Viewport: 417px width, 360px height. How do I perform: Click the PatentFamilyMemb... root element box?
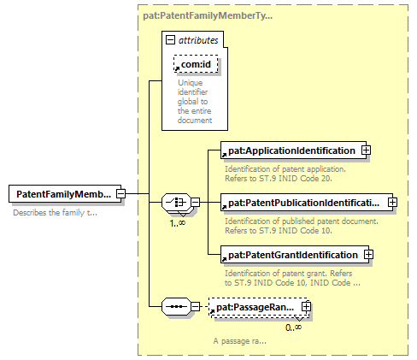[x=65, y=194]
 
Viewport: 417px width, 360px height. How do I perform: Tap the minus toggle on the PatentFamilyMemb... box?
[x=120, y=194]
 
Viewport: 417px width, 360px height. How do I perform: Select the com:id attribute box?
[x=196, y=64]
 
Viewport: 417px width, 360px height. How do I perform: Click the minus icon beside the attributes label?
[x=170, y=40]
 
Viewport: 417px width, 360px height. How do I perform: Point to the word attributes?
[x=198, y=40]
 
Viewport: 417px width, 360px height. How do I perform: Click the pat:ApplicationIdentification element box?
[x=294, y=150]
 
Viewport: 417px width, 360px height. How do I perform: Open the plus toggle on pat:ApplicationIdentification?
[x=366, y=150]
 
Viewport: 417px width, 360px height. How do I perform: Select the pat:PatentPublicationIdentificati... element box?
[x=307, y=203]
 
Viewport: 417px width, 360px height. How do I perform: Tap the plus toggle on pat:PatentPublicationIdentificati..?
[x=392, y=203]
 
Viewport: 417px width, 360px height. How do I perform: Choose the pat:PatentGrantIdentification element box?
[x=295, y=255]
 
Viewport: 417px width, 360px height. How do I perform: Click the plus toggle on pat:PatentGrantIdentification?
[x=368, y=255]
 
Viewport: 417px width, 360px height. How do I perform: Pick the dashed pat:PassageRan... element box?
[x=259, y=307]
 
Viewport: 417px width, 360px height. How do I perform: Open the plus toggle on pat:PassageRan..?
[x=306, y=307]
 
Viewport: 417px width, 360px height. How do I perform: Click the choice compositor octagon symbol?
[x=177, y=203]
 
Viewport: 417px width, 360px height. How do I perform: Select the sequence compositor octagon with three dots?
[x=177, y=307]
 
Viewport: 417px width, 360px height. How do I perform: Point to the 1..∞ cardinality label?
[x=178, y=223]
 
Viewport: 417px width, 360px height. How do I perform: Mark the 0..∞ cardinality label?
[x=293, y=328]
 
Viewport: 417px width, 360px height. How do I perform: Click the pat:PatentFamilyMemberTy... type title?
[x=208, y=15]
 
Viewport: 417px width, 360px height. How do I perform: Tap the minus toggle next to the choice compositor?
[x=195, y=203]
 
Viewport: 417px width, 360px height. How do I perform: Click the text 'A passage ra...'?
[x=240, y=341]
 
